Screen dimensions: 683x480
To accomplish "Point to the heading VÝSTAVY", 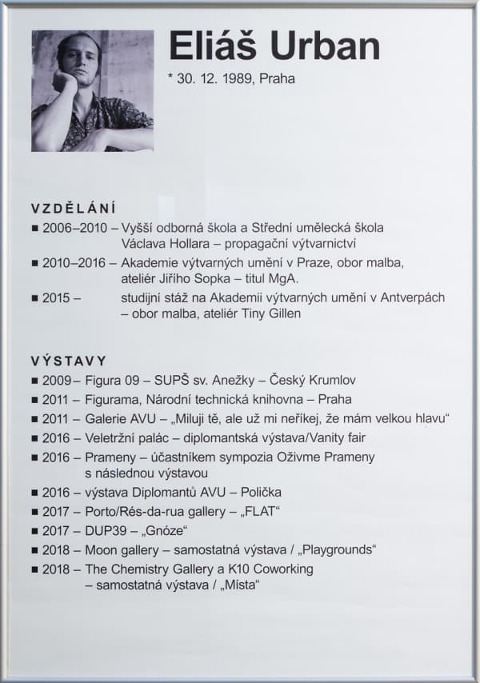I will click(x=69, y=361).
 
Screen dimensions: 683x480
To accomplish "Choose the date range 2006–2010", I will click(x=74, y=228).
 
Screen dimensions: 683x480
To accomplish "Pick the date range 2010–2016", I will click(x=74, y=262).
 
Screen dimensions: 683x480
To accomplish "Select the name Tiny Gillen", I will click(x=266, y=314).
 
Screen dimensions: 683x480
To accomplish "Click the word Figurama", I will click(x=114, y=399).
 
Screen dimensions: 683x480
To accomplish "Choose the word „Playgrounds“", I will click(x=335, y=550).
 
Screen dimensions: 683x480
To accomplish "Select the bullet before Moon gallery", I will click(x=34, y=550).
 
